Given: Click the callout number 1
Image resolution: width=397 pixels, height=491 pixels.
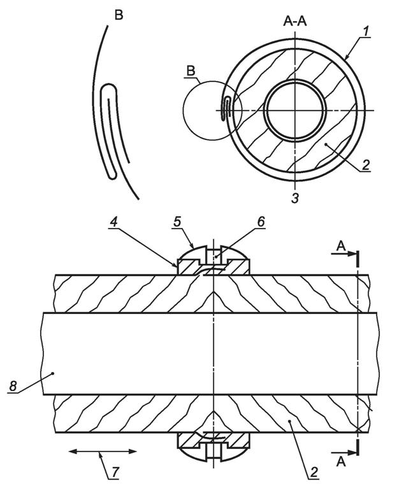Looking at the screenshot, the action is pyautogui.click(x=366, y=31).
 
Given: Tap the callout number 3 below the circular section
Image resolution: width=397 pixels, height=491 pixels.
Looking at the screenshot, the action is pyautogui.click(x=295, y=198).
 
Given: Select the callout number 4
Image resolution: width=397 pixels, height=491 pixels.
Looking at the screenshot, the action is pyautogui.click(x=113, y=222).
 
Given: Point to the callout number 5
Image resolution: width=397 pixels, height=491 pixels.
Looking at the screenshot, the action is pyautogui.click(x=177, y=222).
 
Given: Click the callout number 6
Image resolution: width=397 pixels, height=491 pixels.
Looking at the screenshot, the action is pyautogui.click(x=261, y=222).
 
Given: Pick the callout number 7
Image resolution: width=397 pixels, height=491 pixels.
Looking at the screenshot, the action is pyautogui.click(x=115, y=473).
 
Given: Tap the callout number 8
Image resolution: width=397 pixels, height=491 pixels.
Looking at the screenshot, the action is pyautogui.click(x=13, y=386).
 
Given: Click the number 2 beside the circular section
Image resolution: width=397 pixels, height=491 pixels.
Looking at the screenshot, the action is pyautogui.click(x=366, y=164).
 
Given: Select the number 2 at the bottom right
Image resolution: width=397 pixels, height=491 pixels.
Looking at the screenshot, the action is pyautogui.click(x=314, y=472).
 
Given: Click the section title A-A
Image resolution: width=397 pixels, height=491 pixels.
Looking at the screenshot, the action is pyautogui.click(x=295, y=22).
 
